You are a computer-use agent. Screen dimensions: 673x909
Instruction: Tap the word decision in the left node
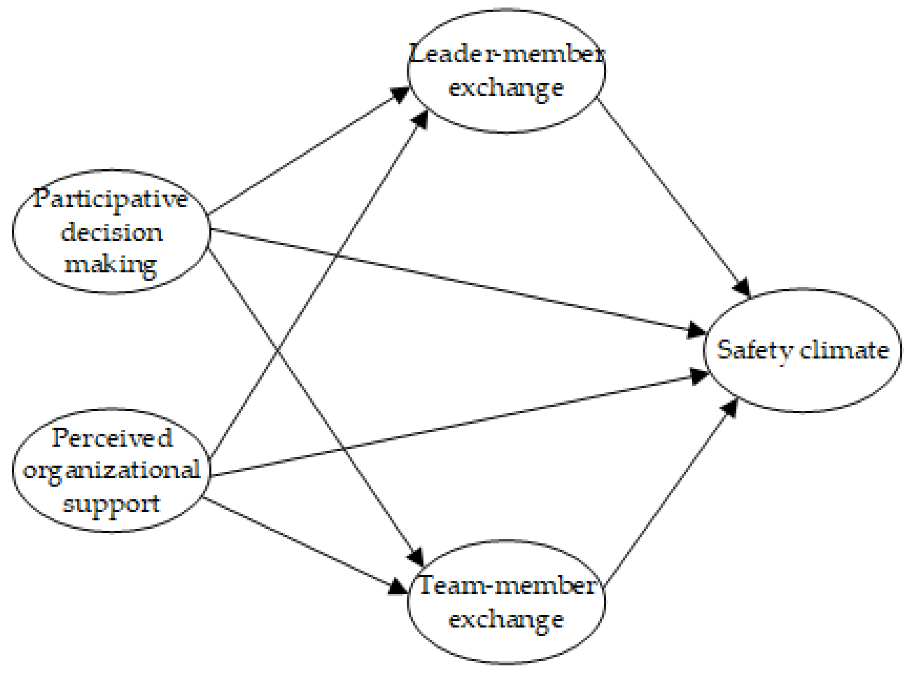tap(111, 233)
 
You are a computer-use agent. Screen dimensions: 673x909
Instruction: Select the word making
tap(111, 265)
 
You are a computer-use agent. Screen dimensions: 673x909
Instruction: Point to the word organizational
tap(111, 471)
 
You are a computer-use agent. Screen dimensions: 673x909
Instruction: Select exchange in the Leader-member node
tap(506, 88)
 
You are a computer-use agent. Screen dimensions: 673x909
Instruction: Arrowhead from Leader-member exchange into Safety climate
tap(743, 288)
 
